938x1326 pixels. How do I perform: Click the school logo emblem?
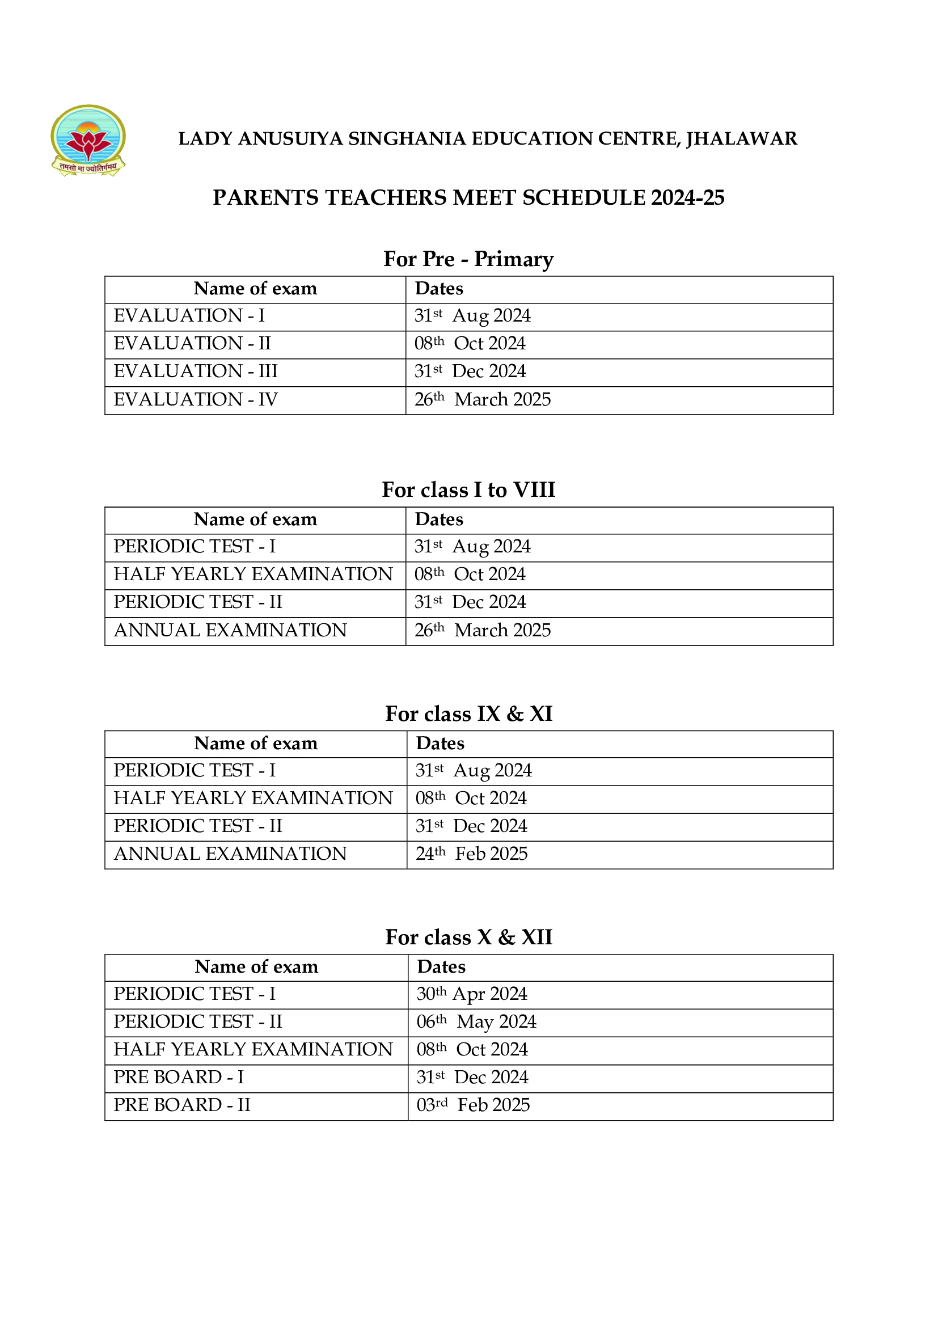tap(88, 140)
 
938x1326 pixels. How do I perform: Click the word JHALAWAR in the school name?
tap(741, 138)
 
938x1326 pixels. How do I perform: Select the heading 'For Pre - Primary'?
tap(468, 259)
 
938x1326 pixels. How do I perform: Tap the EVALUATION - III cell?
tap(195, 371)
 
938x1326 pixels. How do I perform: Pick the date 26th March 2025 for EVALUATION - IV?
tap(482, 399)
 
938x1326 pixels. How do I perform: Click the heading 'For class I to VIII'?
tap(468, 490)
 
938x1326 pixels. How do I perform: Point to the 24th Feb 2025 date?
tap(471, 854)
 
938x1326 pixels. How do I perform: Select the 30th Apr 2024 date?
tap(471, 993)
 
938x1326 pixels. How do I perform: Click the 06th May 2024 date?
tap(476, 1021)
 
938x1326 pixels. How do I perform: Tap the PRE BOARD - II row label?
tap(181, 1105)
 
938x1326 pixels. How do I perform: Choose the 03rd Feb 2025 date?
tap(473, 1105)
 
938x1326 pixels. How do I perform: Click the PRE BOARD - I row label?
tap(179, 1077)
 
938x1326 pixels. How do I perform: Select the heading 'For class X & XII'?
tap(468, 937)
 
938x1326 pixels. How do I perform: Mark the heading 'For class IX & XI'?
tap(468, 714)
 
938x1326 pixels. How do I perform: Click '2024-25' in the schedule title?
tap(687, 197)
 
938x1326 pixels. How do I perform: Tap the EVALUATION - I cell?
tap(189, 316)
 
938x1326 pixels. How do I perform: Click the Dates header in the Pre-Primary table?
tap(439, 289)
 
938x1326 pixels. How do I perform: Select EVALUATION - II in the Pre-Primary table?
tap(192, 344)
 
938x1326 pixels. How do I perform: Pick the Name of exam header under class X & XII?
tap(256, 967)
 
